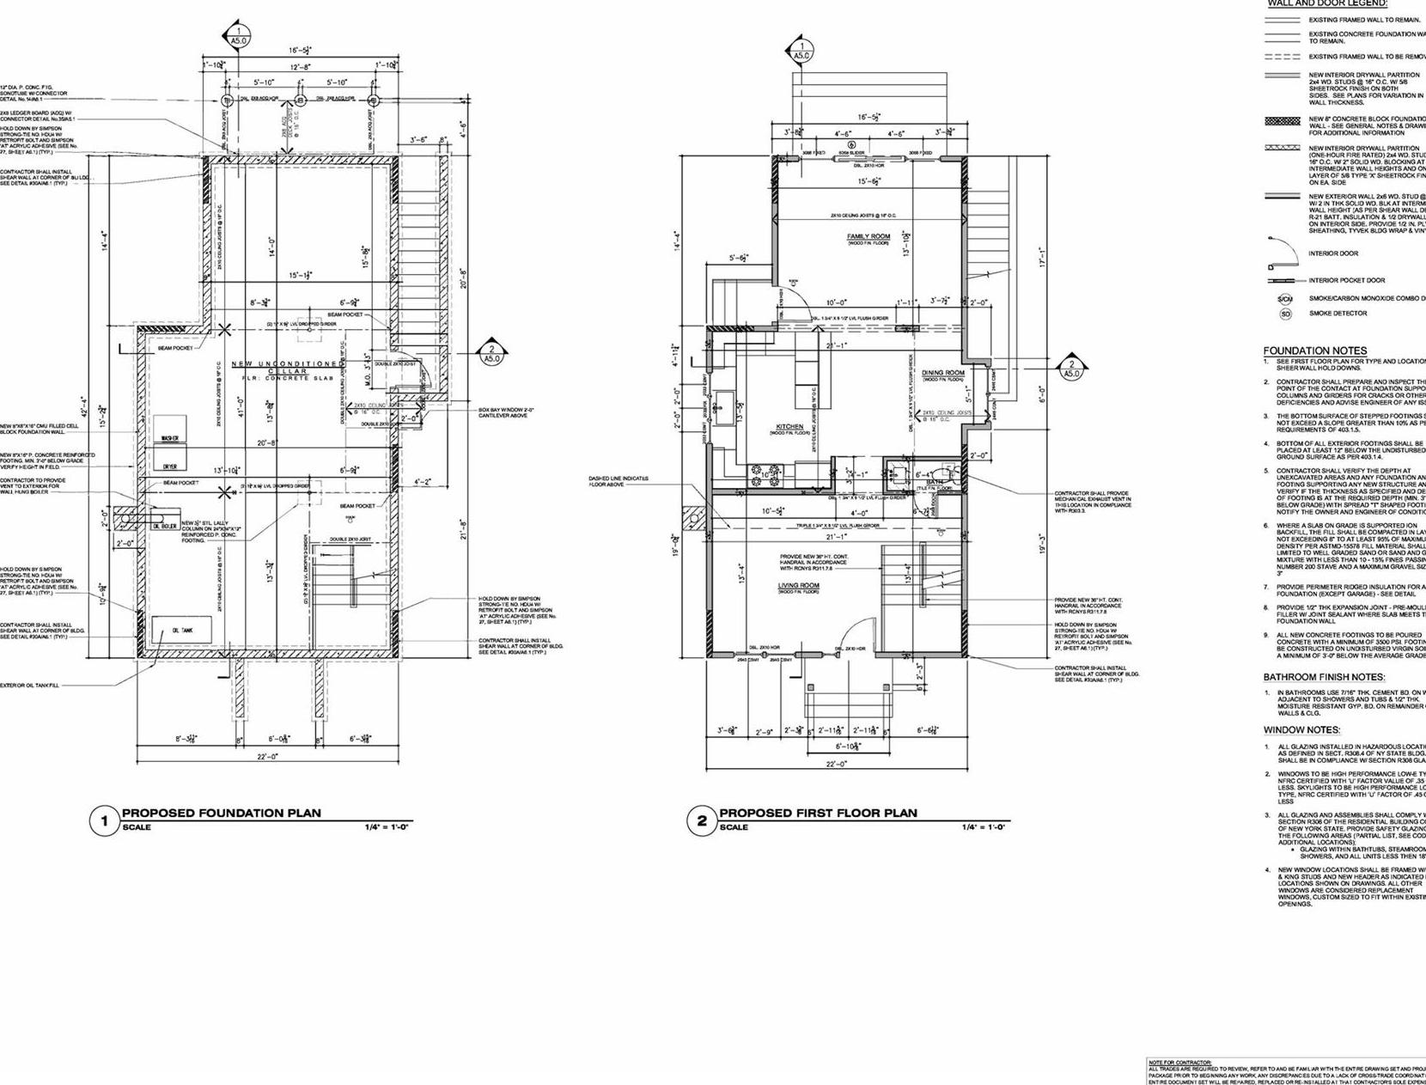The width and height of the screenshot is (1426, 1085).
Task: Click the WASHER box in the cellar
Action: [170, 439]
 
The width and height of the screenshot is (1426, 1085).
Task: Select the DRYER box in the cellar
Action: [170, 466]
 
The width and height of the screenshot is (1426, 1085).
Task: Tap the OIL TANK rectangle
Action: [181, 631]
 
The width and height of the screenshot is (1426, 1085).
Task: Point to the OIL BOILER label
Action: [164, 527]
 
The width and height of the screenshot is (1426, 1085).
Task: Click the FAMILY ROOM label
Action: [868, 236]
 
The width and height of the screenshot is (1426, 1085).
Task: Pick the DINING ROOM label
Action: [943, 373]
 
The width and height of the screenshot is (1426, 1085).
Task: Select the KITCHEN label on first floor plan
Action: [789, 427]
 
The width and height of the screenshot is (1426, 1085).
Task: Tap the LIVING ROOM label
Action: [798, 586]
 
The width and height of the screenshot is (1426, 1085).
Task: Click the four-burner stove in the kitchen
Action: [765, 471]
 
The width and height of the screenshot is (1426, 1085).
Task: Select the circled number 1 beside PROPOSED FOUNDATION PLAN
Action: [105, 821]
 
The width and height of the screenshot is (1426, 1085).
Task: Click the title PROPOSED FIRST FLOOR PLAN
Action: [818, 813]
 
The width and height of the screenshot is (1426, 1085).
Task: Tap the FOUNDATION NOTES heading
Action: [1314, 350]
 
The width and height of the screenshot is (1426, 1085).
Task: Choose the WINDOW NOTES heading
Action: [1301, 730]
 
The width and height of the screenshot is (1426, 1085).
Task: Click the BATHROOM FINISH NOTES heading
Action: [1323, 677]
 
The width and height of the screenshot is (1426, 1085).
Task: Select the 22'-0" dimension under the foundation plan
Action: [267, 757]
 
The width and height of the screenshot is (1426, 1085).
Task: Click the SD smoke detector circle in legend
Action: [1286, 314]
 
